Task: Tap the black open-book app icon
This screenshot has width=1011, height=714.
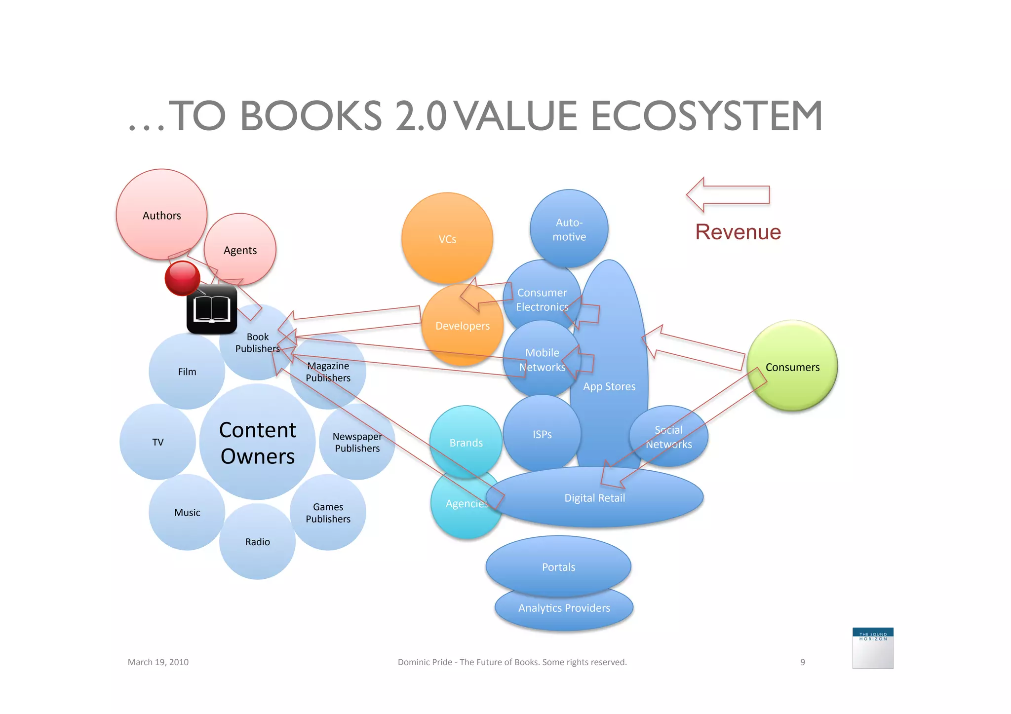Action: (x=212, y=309)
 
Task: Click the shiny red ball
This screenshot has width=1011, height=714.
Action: (x=182, y=278)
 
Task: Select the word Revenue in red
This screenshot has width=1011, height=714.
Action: (x=738, y=232)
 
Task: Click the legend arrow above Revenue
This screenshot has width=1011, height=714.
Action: (x=728, y=195)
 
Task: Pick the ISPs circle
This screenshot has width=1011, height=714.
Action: (x=542, y=434)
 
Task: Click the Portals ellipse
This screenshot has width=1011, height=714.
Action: (x=558, y=566)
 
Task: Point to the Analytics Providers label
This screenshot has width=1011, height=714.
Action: (x=564, y=608)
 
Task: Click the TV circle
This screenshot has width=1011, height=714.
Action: (x=157, y=442)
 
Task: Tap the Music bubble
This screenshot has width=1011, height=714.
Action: (x=187, y=513)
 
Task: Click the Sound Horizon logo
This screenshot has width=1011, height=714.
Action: (x=873, y=648)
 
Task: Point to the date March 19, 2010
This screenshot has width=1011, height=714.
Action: (x=158, y=662)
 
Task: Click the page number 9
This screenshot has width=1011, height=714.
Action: (x=803, y=662)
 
